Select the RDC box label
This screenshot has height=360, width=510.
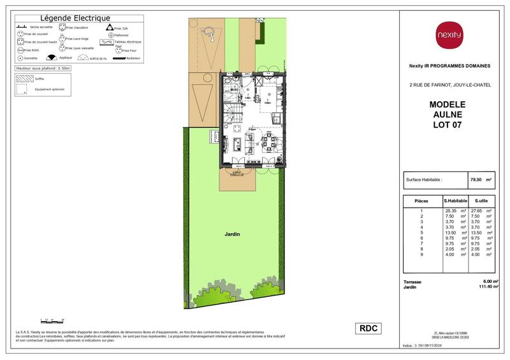coord(368,328)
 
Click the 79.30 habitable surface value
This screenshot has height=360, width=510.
coord(476,180)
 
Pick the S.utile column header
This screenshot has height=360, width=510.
coord(479,201)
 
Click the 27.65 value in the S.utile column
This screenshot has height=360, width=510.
coord(476,210)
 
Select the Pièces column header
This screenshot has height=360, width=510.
coord(421,201)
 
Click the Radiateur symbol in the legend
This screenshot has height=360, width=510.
coord(125,58)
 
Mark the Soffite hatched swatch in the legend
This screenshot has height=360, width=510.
coord(25,80)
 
